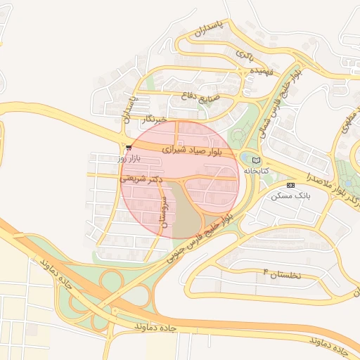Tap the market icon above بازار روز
point(129,147)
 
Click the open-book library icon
point(255,161)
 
